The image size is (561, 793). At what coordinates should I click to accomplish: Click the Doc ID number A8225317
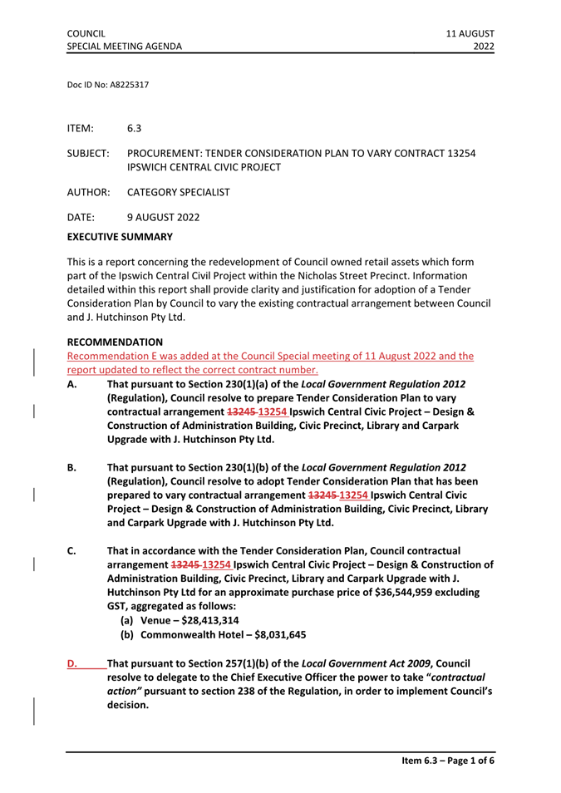(123, 85)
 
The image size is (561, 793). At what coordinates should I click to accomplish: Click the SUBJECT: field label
(88, 155)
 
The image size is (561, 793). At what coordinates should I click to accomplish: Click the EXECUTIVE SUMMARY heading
(120, 237)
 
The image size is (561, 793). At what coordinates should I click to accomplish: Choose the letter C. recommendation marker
(72, 551)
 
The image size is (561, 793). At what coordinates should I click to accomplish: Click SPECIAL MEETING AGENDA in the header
(125, 47)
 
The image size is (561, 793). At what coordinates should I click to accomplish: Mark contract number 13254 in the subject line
(458, 155)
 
